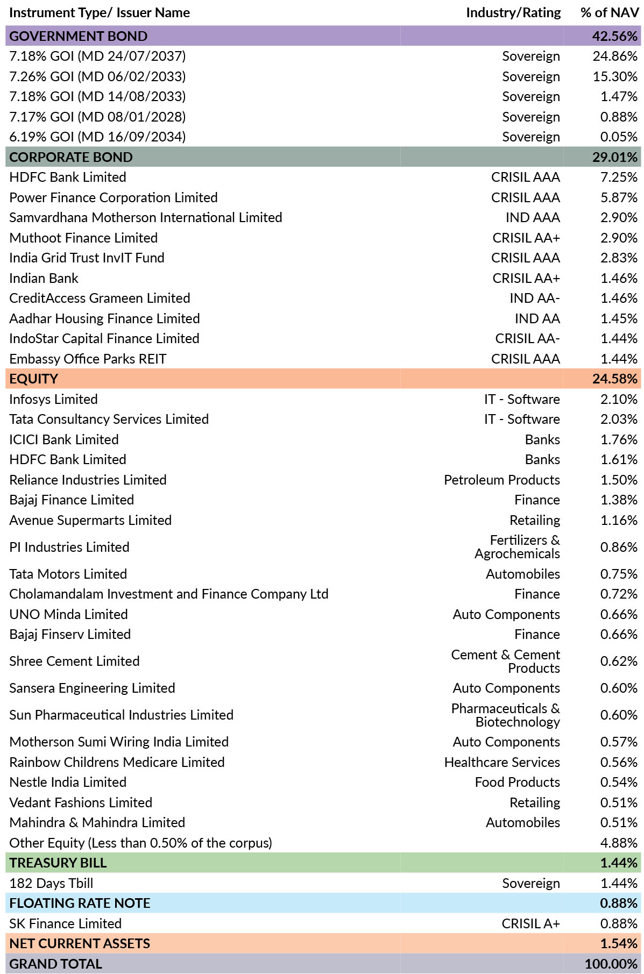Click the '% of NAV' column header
click(x=610, y=13)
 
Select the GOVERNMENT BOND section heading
click(x=79, y=36)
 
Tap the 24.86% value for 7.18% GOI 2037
click(x=615, y=56)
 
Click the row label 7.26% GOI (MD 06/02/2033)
click(x=97, y=76)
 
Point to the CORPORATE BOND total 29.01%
click(x=615, y=157)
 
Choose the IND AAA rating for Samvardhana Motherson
click(x=533, y=218)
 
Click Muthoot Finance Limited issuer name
click(x=83, y=238)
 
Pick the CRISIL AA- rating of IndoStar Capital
click(x=527, y=339)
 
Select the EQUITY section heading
click(x=33, y=379)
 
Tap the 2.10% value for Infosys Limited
click(x=619, y=400)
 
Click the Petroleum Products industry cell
click(x=502, y=480)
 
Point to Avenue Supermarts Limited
click(x=90, y=521)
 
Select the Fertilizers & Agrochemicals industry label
click(x=517, y=547)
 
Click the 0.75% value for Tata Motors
click(x=619, y=574)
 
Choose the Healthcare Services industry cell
click(x=502, y=763)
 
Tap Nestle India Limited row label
click(x=68, y=783)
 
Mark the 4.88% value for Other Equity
click(x=619, y=843)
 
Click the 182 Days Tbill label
click(x=51, y=884)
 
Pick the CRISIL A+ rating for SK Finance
click(x=530, y=924)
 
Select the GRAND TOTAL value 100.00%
click(x=611, y=964)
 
